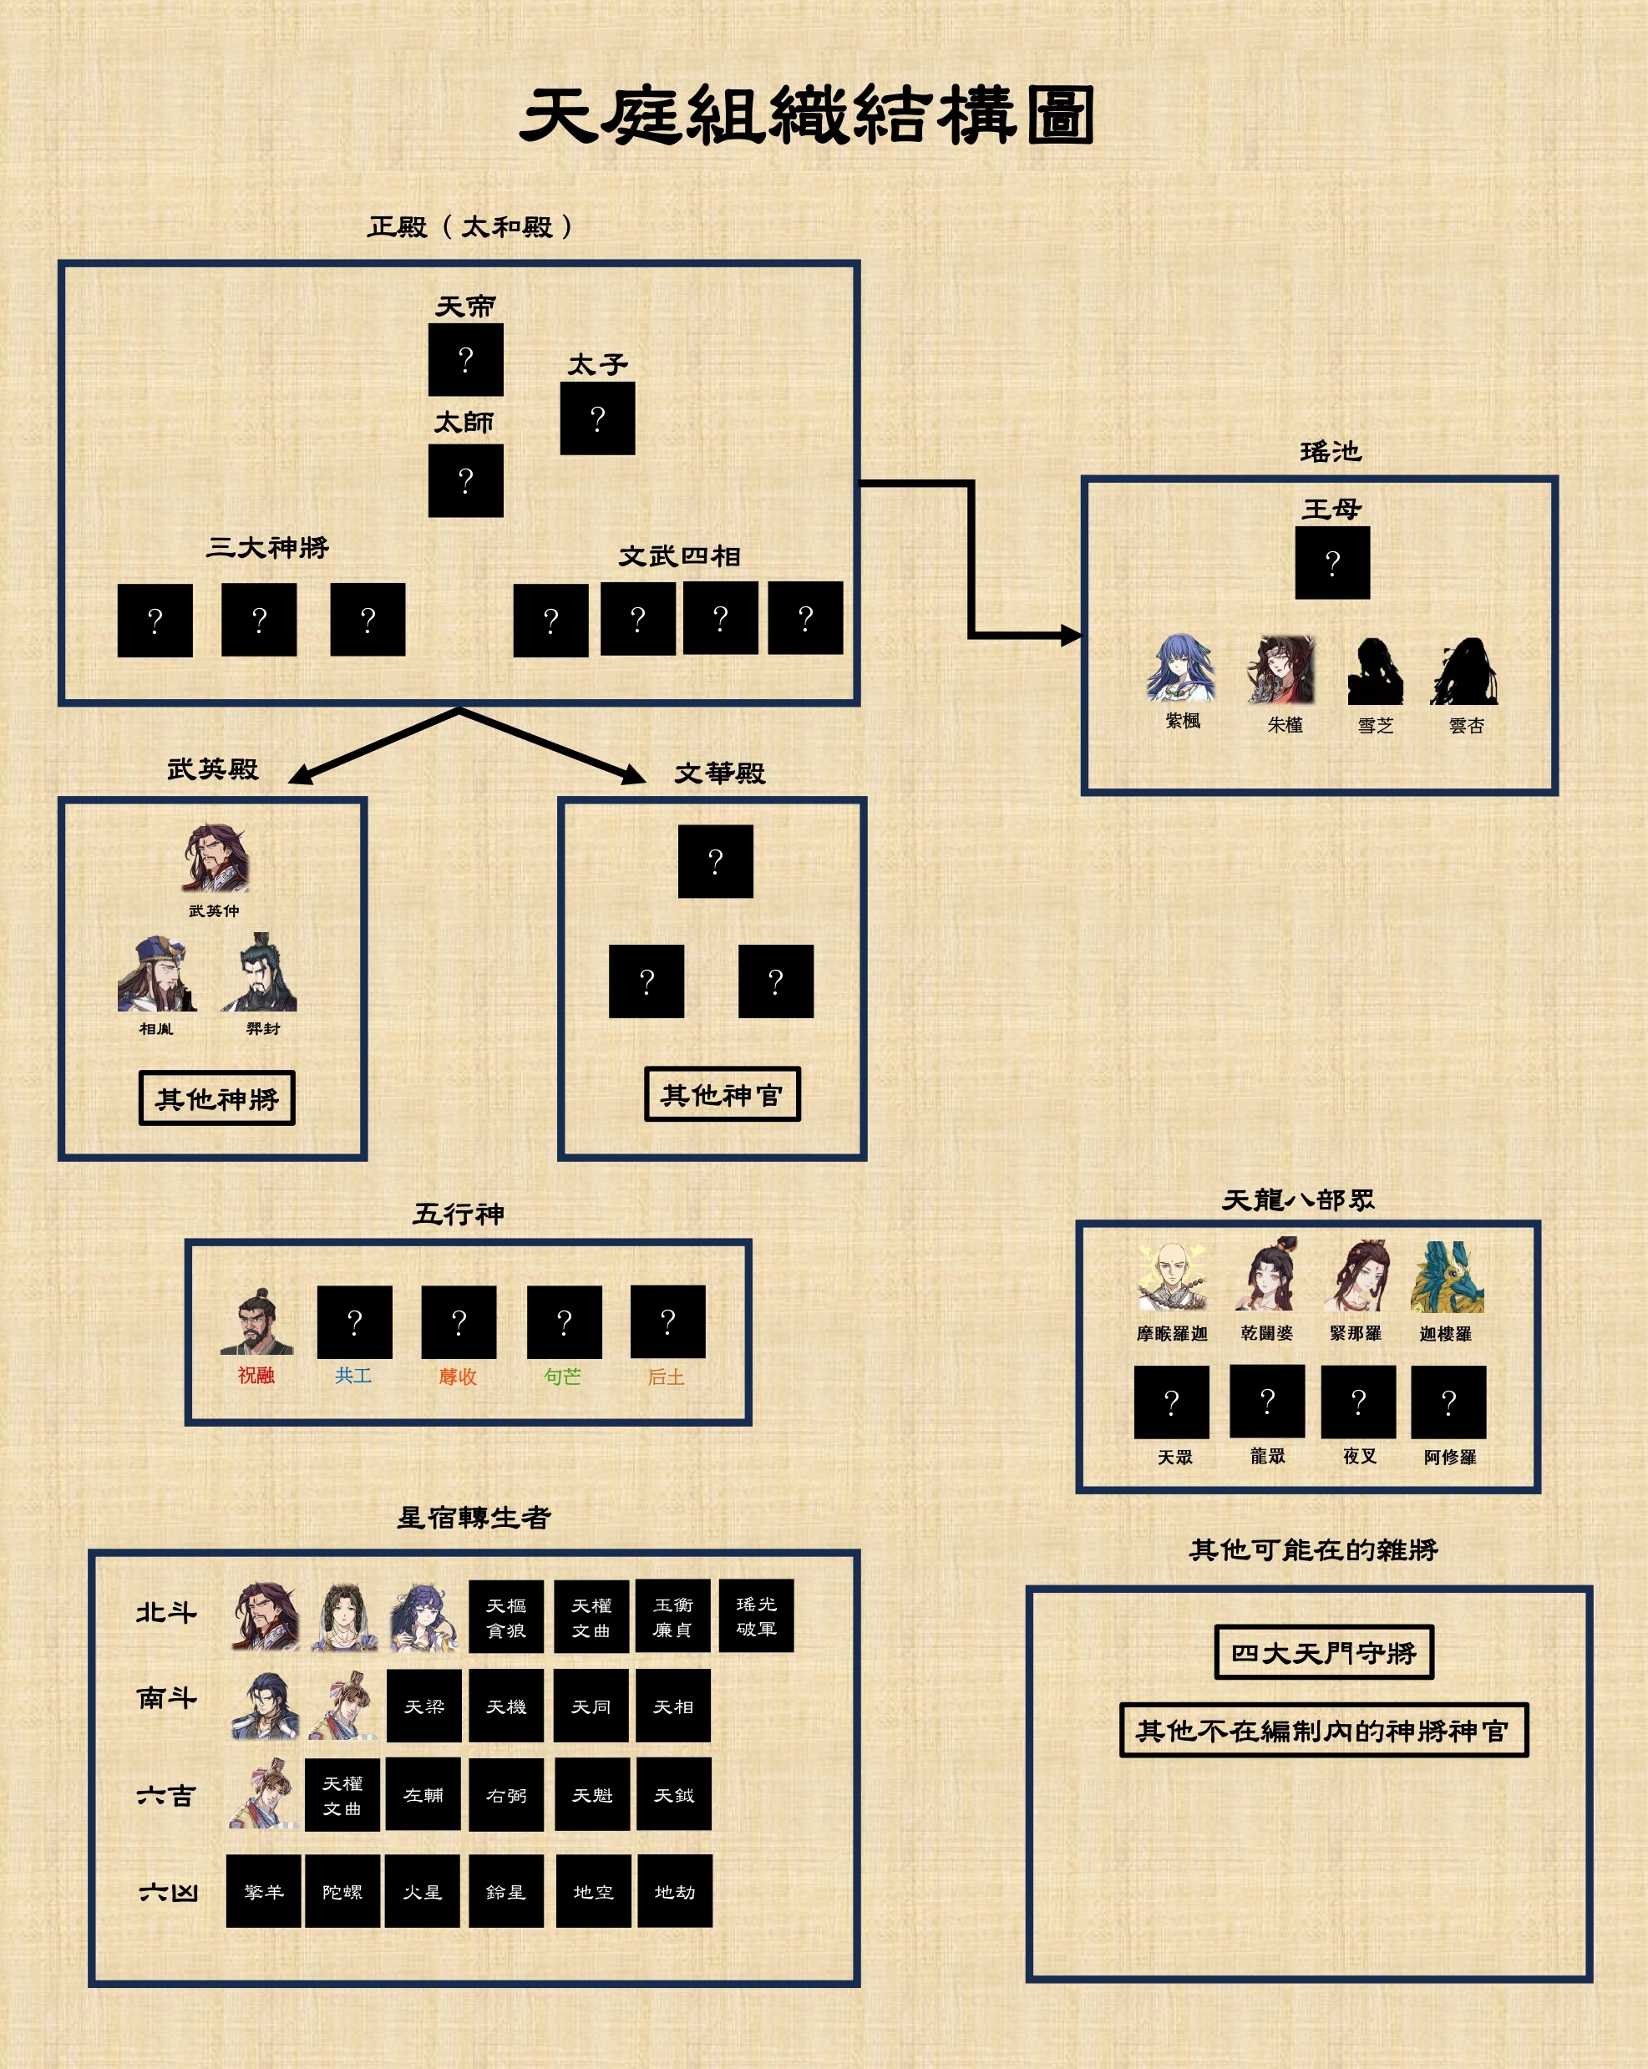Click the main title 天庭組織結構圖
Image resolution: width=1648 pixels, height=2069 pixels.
[807, 115]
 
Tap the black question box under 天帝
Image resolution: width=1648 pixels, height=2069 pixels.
[465, 360]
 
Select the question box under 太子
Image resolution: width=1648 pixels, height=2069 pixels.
[597, 418]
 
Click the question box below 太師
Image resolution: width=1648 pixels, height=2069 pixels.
[465, 479]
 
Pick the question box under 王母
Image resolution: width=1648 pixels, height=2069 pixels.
[1332, 562]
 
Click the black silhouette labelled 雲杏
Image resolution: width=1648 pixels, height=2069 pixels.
[1465, 671]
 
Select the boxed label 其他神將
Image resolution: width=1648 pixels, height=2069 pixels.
[217, 1098]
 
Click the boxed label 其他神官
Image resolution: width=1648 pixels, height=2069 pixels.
[722, 1094]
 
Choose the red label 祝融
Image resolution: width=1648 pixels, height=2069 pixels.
[256, 1375]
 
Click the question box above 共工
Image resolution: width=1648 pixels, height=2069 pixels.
[354, 1321]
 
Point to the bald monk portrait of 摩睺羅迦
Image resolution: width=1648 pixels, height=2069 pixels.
[1172, 1276]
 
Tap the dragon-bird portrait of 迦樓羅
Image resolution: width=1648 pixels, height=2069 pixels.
[1448, 1276]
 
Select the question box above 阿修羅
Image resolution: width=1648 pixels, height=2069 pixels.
[1448, 1402]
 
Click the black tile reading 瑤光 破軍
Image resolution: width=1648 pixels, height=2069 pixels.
[756, 1616]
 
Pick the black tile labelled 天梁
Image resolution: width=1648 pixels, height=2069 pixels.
[423, 1706]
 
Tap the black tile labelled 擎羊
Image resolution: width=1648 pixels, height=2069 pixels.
[264, 1891]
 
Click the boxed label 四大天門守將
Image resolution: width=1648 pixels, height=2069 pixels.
[1324, 1652]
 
